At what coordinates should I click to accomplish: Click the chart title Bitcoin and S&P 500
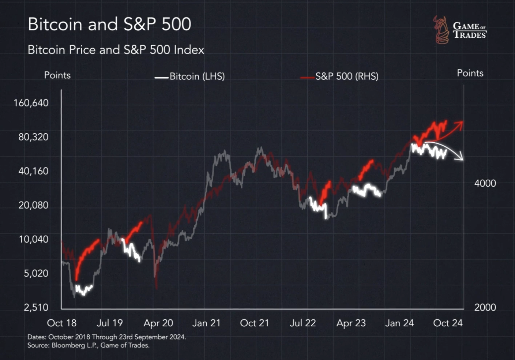[x=109, y=25]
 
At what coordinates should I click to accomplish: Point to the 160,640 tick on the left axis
[x=31, y=103]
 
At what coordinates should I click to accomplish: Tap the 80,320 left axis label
[x=33, y=137]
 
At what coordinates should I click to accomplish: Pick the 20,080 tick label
[x=33, y=205]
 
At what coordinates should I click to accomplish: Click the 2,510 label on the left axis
[x=36, y=307]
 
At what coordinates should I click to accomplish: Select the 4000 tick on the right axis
[x=485, y=183]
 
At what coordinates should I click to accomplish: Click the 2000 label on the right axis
[x=485, y=307]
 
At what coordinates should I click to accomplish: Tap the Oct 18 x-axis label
[x=62, y=323]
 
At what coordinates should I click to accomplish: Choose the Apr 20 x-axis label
[x=158, y=323]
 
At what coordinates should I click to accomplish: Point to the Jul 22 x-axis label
[x=302, y=323]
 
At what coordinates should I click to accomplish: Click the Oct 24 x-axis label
[x=448, y=323]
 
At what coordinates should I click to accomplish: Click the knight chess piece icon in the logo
[x=441, y=30]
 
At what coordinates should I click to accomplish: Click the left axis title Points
[x=57, y=75]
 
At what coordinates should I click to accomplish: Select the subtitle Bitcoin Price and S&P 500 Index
[x=116, y=50]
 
